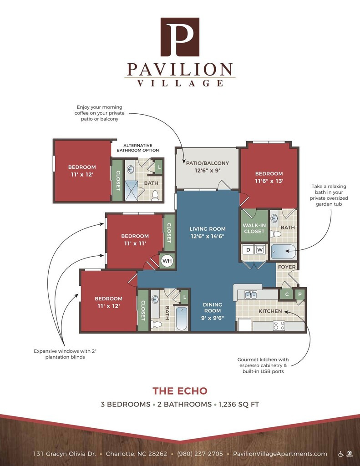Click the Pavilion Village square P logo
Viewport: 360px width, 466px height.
[180, 37]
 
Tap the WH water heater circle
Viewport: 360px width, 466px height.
[167, 261]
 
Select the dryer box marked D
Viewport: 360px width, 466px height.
[248, 250]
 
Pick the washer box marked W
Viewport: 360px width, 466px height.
[260, 250]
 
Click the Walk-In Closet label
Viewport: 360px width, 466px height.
[254, 228]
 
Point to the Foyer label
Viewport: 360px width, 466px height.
[287, 267]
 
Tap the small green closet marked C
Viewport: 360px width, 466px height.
[287, 294]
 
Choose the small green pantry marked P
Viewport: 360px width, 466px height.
[300, 294]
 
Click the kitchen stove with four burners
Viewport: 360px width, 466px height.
[279, 326]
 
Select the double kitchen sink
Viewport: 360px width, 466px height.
[251, 295]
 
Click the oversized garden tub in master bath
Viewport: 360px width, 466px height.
[283, 251]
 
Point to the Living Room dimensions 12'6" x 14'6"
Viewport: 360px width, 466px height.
[208, 237]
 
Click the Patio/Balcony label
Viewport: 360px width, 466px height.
[208, 163]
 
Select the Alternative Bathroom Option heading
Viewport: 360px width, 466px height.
[137, 148]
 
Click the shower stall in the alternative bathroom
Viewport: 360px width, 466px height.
[131, 191]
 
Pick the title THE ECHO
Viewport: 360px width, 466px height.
[180, 391]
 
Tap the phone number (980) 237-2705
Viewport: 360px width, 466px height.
[200, 454]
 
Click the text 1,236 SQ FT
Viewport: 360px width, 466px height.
[239, 404]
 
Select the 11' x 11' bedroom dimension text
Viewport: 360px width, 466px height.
[135, 243]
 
